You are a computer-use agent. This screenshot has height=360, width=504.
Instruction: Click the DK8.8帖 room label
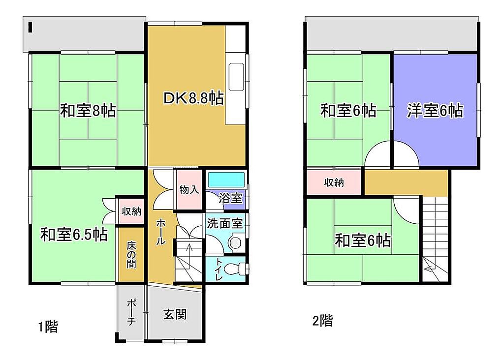pos(193,98)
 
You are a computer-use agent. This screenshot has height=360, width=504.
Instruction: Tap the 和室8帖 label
pos(88,111)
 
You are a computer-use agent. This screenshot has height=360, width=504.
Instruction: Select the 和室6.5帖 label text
pos(74,235)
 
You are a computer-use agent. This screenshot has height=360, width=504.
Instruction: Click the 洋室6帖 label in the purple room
pos(435,111)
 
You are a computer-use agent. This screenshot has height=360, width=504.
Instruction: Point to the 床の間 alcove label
pos(131,255)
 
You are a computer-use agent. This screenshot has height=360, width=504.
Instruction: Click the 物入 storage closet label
pos(189,190)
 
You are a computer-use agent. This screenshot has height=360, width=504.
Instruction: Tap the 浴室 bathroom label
pos(230,198)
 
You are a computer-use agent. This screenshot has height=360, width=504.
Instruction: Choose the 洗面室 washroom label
pos(224,223)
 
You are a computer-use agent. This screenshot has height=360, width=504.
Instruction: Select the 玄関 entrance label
pos(175,314)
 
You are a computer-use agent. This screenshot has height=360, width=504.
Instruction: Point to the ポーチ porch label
pos(131,312)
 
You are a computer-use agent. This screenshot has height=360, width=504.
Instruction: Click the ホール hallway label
pos(161,232)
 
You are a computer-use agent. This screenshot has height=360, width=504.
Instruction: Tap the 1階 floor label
pos(48,327)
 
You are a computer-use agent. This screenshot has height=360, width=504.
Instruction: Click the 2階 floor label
pos(323,321)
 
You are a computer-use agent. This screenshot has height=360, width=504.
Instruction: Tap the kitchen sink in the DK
pos(236,77)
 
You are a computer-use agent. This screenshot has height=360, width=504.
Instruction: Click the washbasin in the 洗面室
pos(236,243)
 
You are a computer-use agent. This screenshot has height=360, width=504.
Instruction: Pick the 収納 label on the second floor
pos(334,182)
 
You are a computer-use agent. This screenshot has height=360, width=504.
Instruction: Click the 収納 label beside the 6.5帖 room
pos(131,211)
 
